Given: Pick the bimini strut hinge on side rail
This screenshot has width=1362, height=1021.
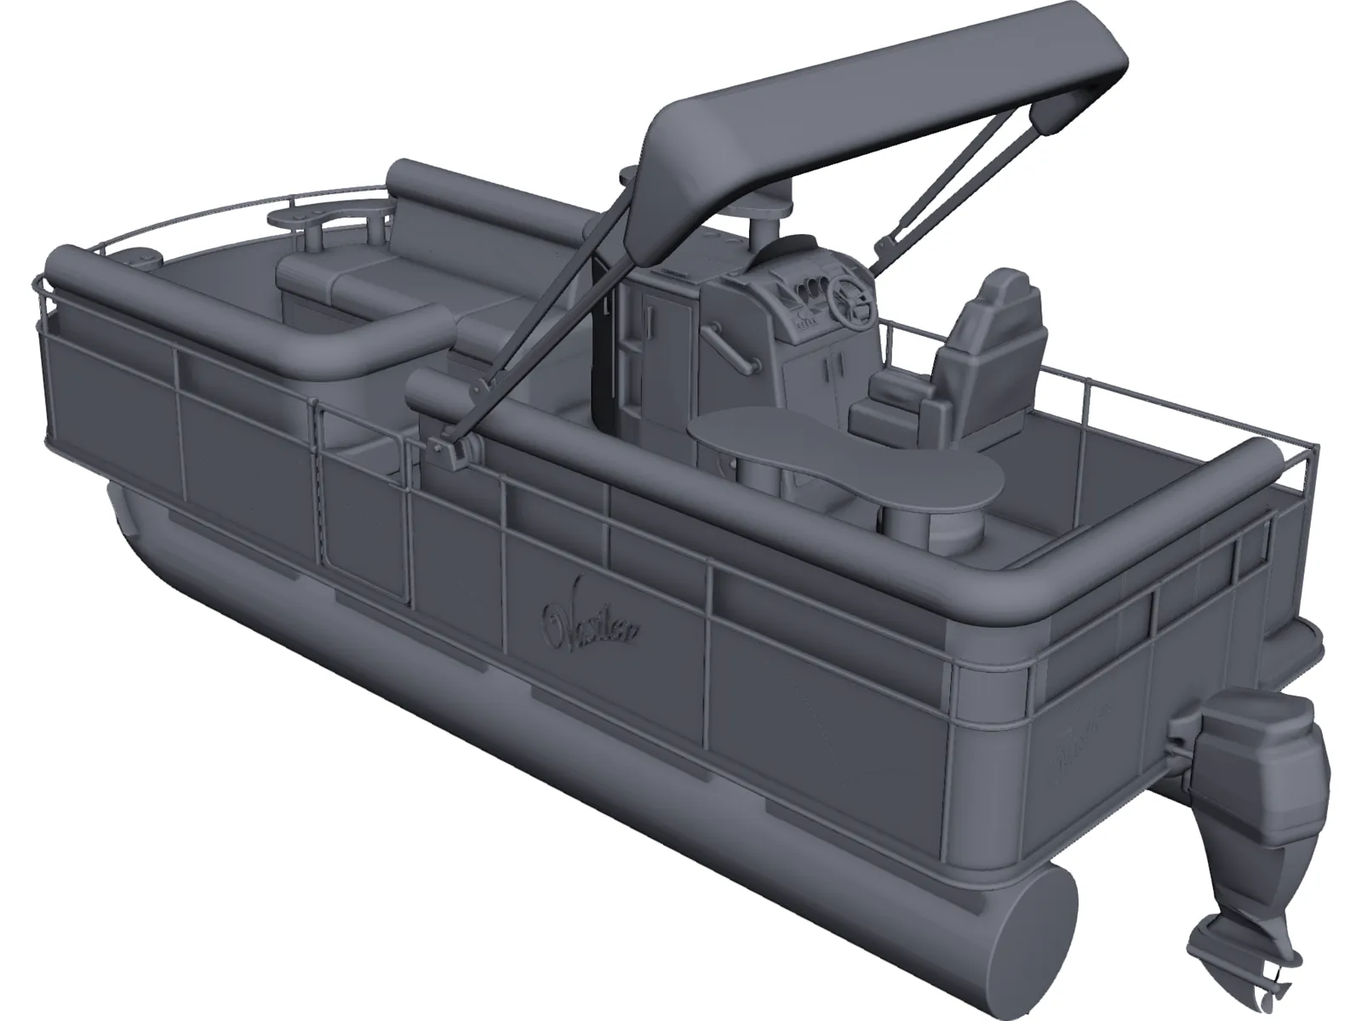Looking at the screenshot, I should [x=449, y=446].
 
